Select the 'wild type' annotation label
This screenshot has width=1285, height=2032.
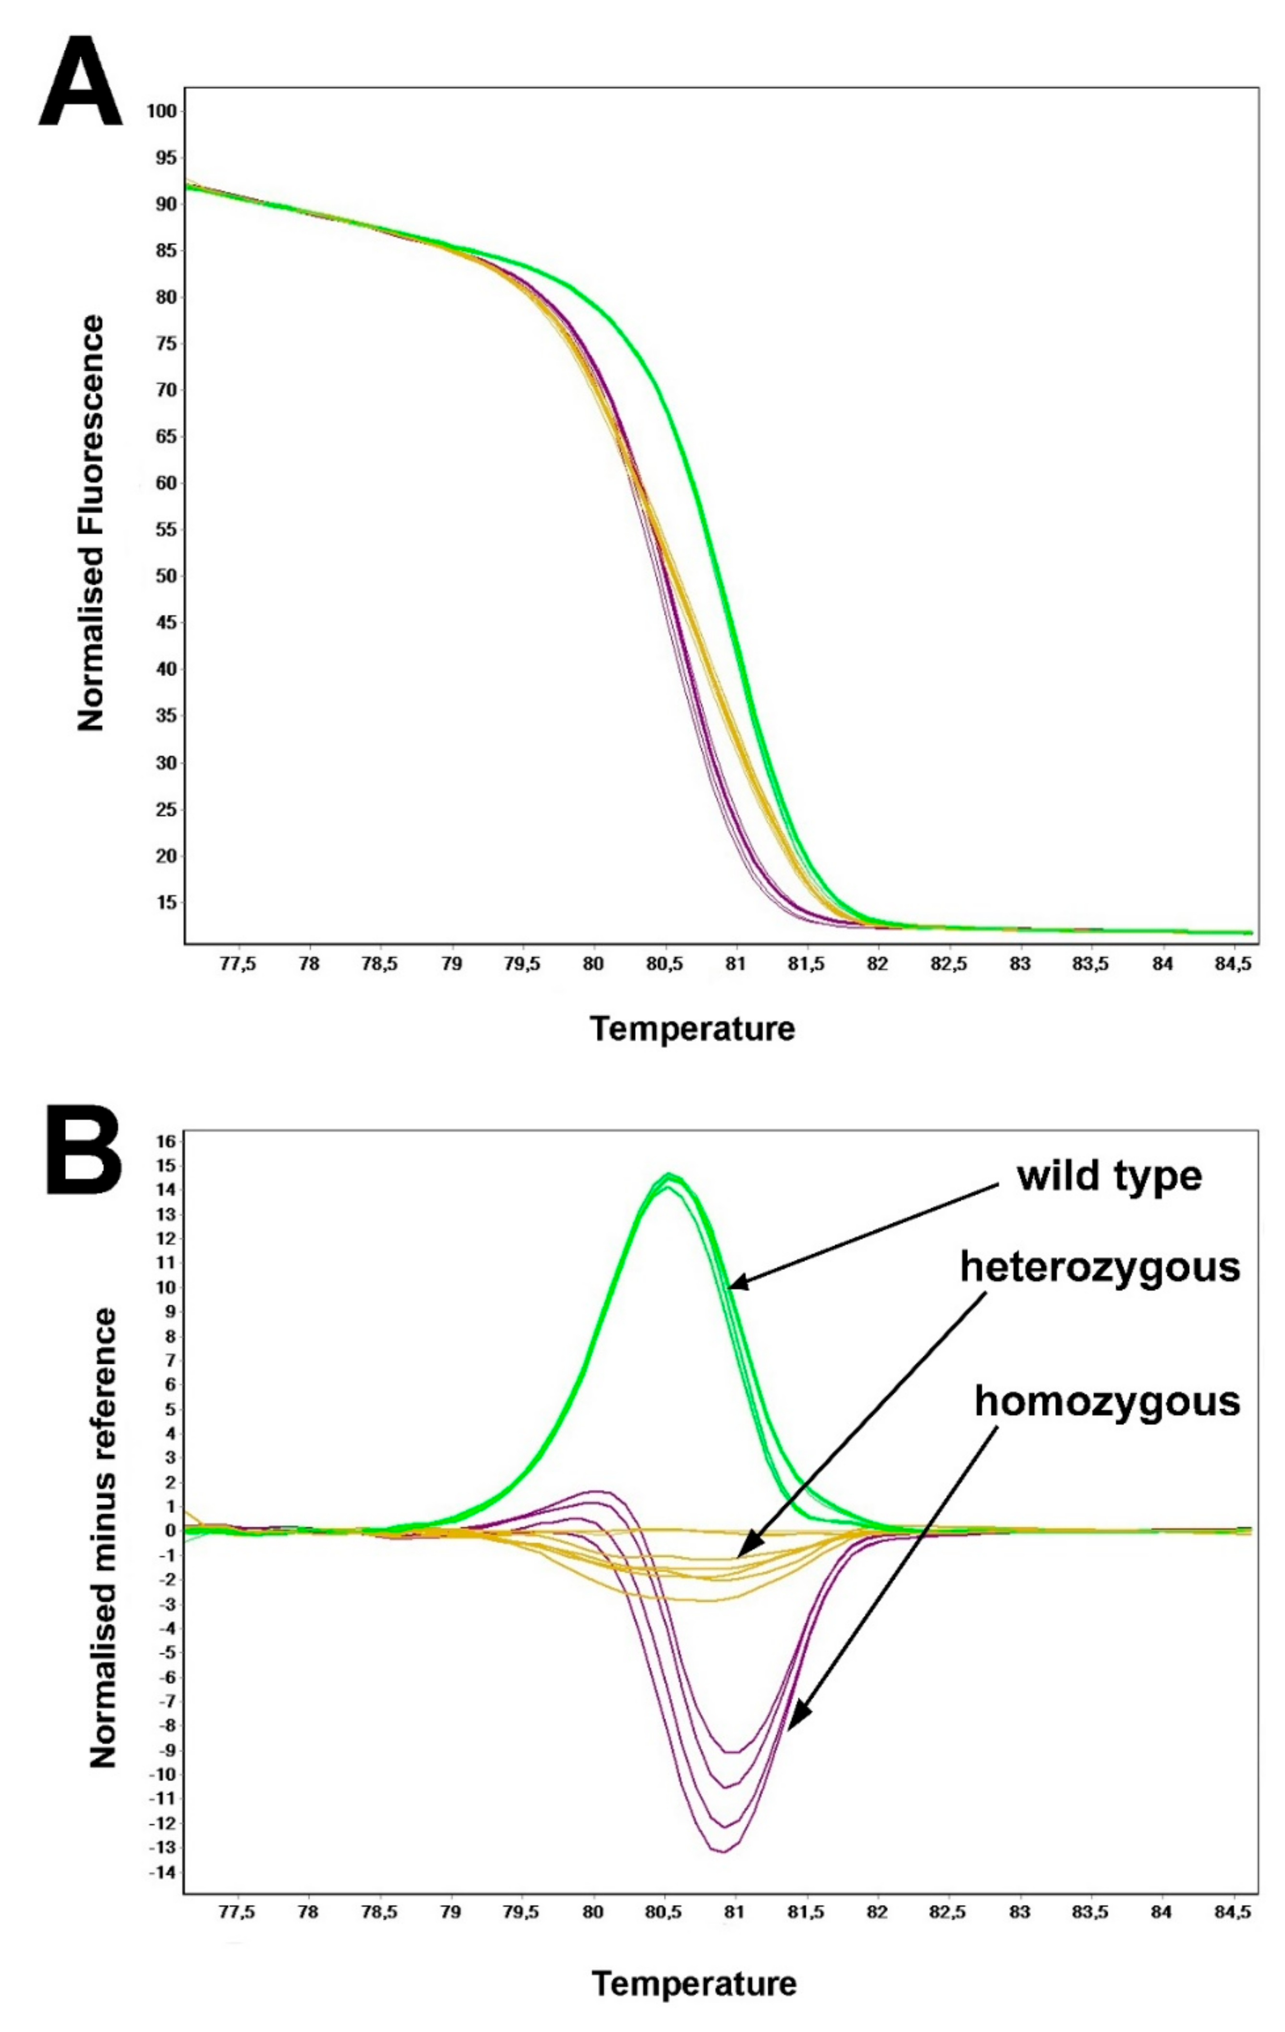(1109, 1176)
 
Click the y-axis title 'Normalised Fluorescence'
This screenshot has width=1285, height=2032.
(91, 523)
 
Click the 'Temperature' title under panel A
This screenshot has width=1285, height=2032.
(692, 1029)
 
